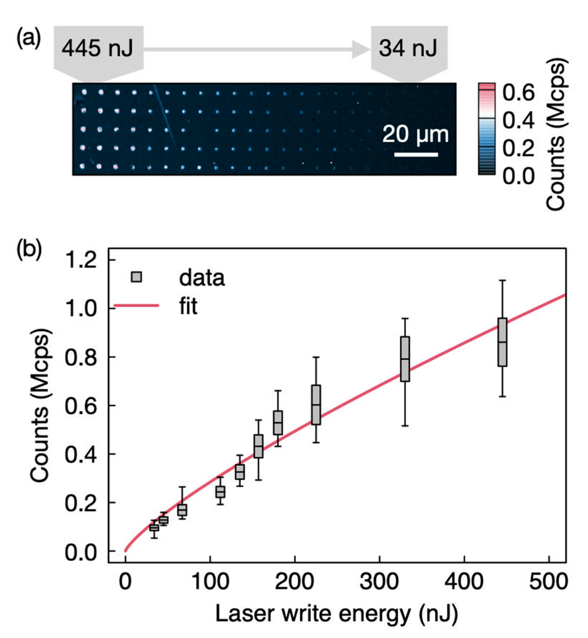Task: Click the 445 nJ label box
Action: (98, 49)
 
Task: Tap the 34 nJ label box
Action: (409, 49)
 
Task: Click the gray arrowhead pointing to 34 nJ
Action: (361, 49)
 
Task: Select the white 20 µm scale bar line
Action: (416, 155)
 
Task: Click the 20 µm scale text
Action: (415, 134)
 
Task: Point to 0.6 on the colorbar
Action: (518, 93)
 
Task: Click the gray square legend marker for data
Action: (136, 277)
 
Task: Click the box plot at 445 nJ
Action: (502, 342)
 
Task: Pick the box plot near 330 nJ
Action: (405, 359)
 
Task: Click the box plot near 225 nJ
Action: (316, 404)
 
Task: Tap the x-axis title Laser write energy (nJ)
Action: (337, 614)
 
